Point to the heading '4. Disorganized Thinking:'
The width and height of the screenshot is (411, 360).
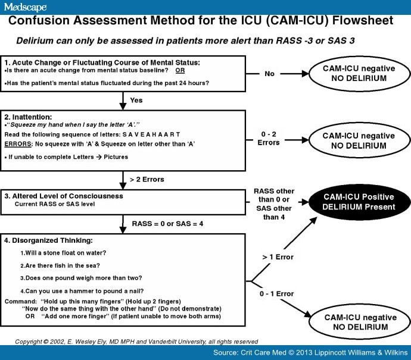pos(49,240)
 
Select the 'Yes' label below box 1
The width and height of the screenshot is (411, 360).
pos(136,101)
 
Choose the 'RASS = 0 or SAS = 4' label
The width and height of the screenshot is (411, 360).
pos(167,224)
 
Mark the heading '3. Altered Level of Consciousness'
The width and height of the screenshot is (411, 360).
pos(64,196)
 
